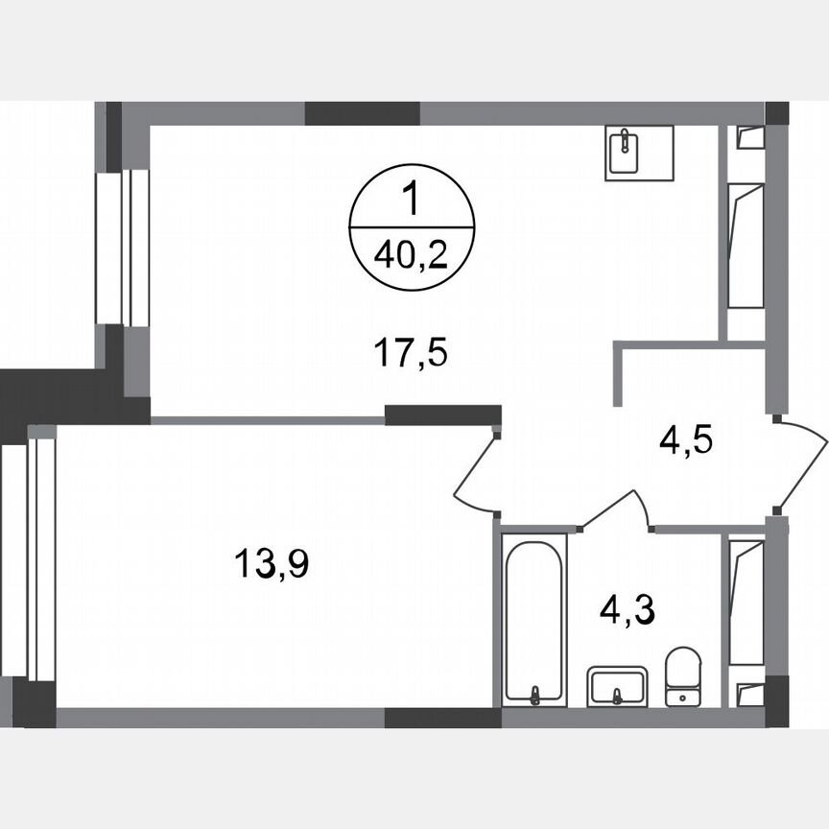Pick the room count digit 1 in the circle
413,202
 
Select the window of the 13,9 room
29,556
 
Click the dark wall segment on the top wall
362,113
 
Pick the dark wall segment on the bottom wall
442,719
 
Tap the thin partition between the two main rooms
268,419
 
